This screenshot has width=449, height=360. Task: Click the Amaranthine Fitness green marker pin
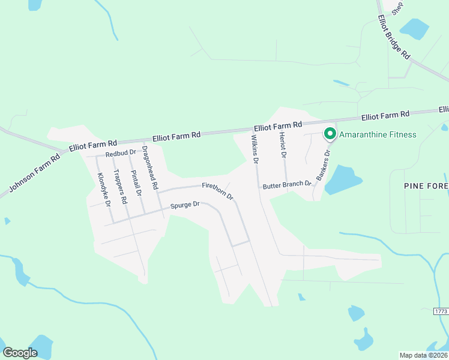(330, 133)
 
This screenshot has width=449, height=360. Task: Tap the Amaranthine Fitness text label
(378, 134)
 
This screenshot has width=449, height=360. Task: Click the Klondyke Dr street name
(104, 190)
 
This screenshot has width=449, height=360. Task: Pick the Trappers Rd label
(120, 188)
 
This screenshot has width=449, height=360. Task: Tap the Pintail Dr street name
(136, 182)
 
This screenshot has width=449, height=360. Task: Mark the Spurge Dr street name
(184, 205)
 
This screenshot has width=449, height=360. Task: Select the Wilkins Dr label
(255, 149)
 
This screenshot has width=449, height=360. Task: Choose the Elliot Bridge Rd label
(394, 37)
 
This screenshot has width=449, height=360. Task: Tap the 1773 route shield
(441, 311)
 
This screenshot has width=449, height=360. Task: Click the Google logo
(20, 352)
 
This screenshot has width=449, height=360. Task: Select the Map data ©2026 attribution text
(423, 355)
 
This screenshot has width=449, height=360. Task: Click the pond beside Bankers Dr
(342, 179)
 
